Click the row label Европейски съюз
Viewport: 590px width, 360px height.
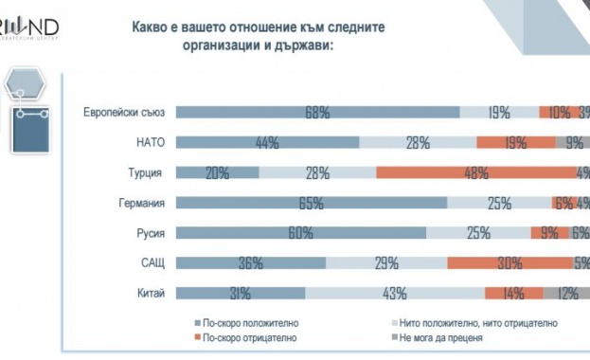[x=124, y=113]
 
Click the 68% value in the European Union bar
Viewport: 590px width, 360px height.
[x=317, y=113]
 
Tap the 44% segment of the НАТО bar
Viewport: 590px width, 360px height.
[x=267, y=143]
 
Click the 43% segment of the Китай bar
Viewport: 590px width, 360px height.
[x=394, y=293]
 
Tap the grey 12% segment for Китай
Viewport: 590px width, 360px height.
[x=567, y=293]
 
